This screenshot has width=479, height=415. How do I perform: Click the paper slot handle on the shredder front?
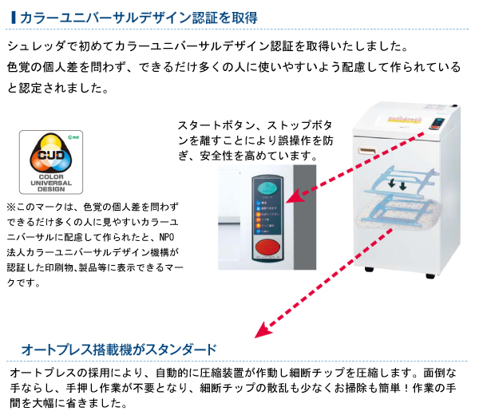click(368, 152)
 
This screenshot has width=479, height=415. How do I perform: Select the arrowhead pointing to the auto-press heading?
click(258, 330)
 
